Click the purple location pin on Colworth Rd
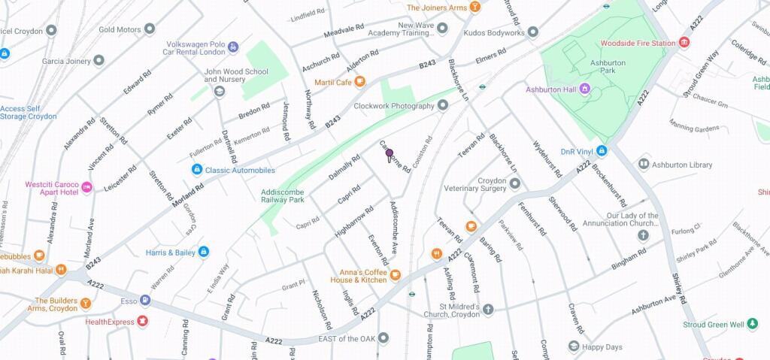point(390,155)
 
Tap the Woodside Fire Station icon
point(684,44)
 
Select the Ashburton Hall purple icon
point(585,90)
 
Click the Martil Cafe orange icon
point(360,82)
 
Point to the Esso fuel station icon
point(144,301)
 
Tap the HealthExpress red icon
point(142,322)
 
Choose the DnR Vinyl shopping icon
point(602,152)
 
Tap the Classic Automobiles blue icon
point(197,171)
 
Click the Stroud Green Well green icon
point(753,325)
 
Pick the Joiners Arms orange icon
point(474,8)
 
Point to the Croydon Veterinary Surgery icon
point(515,183)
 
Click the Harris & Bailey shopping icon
point(204,253)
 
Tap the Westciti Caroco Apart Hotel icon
point(86,186)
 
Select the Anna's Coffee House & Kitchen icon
point(395,275)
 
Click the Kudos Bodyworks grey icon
point(532,32)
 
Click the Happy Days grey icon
point(574,346)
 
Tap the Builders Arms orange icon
point(86,304)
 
